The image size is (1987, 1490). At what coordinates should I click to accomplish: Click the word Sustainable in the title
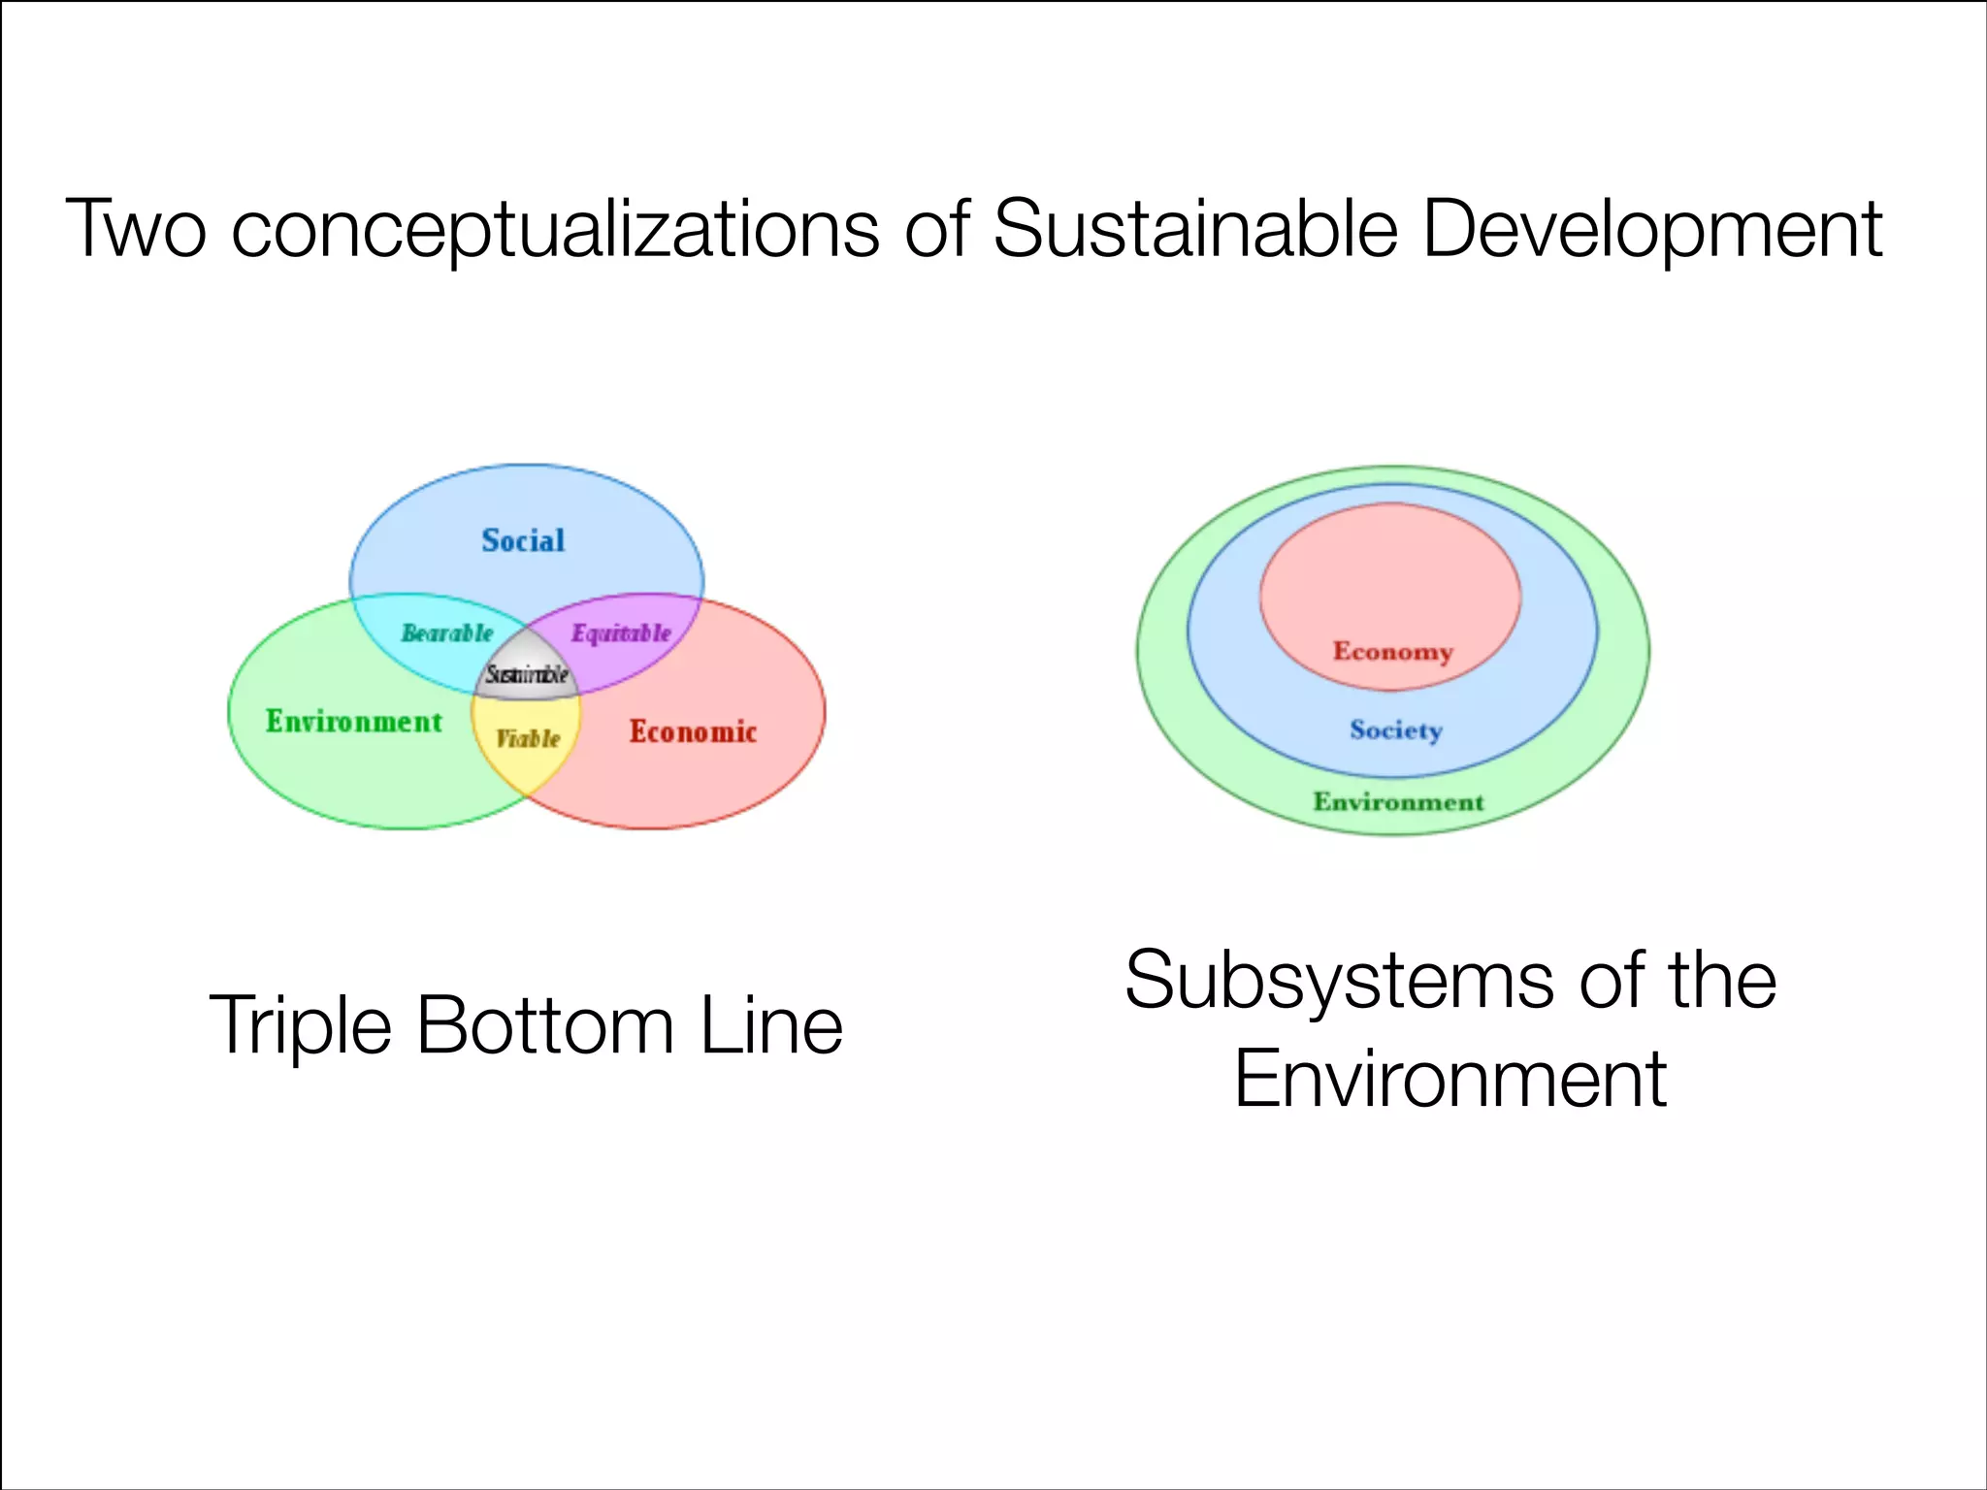pos(1195,229)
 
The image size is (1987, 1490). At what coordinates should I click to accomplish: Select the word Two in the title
pos(136,229)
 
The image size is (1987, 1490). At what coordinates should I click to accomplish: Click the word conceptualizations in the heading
pos(555,231)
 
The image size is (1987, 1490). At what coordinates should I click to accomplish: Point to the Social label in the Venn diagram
pos(523,540)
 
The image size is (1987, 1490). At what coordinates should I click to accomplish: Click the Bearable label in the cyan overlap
pos(447,633)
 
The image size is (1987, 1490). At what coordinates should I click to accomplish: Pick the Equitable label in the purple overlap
pos(621,633)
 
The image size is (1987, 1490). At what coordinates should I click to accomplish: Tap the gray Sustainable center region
pos(527,673)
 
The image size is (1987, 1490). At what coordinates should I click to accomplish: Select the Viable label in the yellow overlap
pos(528,739)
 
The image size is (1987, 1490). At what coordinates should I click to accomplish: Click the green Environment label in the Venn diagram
pos(354,722)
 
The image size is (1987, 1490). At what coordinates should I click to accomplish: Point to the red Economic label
pos(693,731)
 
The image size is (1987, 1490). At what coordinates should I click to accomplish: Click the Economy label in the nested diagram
pos(1392,651)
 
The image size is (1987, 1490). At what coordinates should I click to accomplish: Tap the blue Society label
pos(1396,729)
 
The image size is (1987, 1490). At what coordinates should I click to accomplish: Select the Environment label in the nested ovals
pos(1398,802)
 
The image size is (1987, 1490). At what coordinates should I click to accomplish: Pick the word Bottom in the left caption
pos(545,1026)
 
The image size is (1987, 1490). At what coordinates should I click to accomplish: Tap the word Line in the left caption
pos(771,1026)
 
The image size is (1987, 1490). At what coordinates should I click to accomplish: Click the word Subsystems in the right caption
pos(1339,982)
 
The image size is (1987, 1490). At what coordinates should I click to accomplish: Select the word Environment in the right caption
pos(1450,1079)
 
